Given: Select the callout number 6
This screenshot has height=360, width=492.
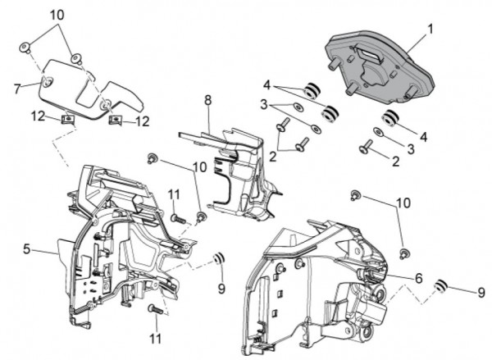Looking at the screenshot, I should tap(418, 279).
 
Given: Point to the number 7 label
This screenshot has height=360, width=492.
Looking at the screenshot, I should tap(17, 86).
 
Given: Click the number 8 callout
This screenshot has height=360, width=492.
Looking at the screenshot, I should tap(207, 100).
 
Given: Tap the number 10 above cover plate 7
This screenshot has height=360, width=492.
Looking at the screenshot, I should tap(56, 15).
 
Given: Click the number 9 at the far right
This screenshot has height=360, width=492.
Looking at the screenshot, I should tap(481, 292).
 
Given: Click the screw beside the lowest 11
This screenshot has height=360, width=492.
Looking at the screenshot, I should tap(153, 308).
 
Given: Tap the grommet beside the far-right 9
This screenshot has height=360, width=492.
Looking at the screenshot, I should tap(441, 286).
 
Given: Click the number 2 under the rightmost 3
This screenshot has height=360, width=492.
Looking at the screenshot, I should tap(395, 162).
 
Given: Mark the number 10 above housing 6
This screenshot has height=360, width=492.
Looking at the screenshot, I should tap(403, 202).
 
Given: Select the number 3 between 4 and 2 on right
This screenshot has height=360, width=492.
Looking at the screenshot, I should tap(411, 148).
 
